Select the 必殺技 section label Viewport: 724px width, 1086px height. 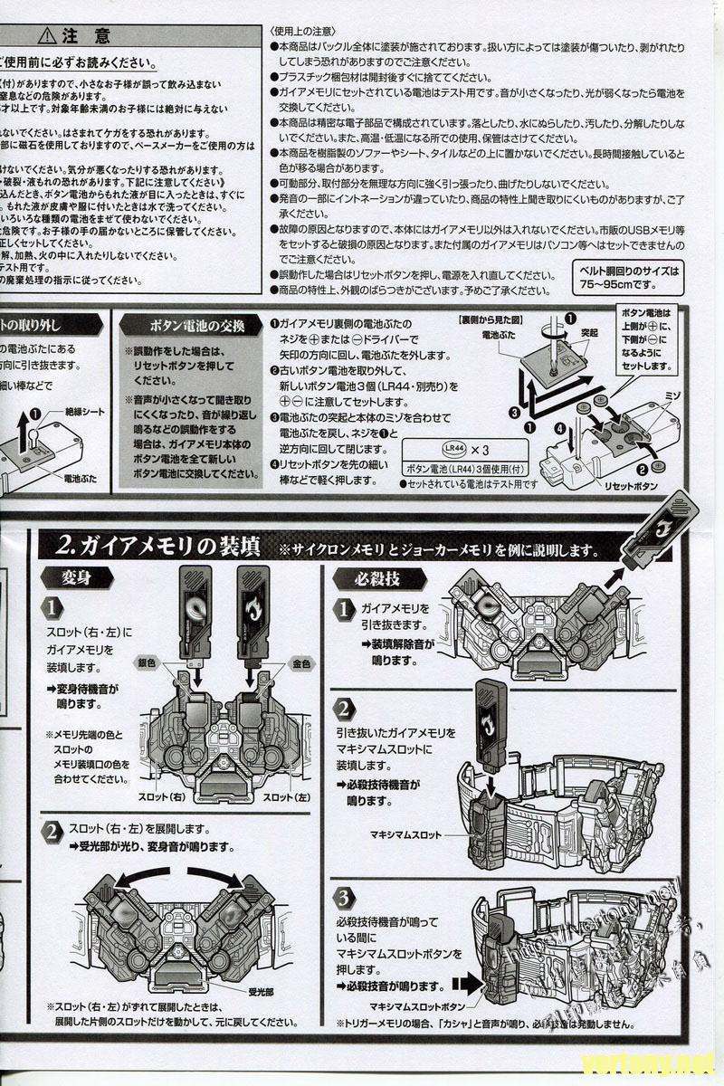[x=366, y=578]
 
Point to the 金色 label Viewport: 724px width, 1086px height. [x=300, y=663]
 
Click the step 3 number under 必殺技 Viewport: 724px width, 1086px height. [x=343, y=897]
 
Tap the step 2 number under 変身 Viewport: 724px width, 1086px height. [x=53, y=831]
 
